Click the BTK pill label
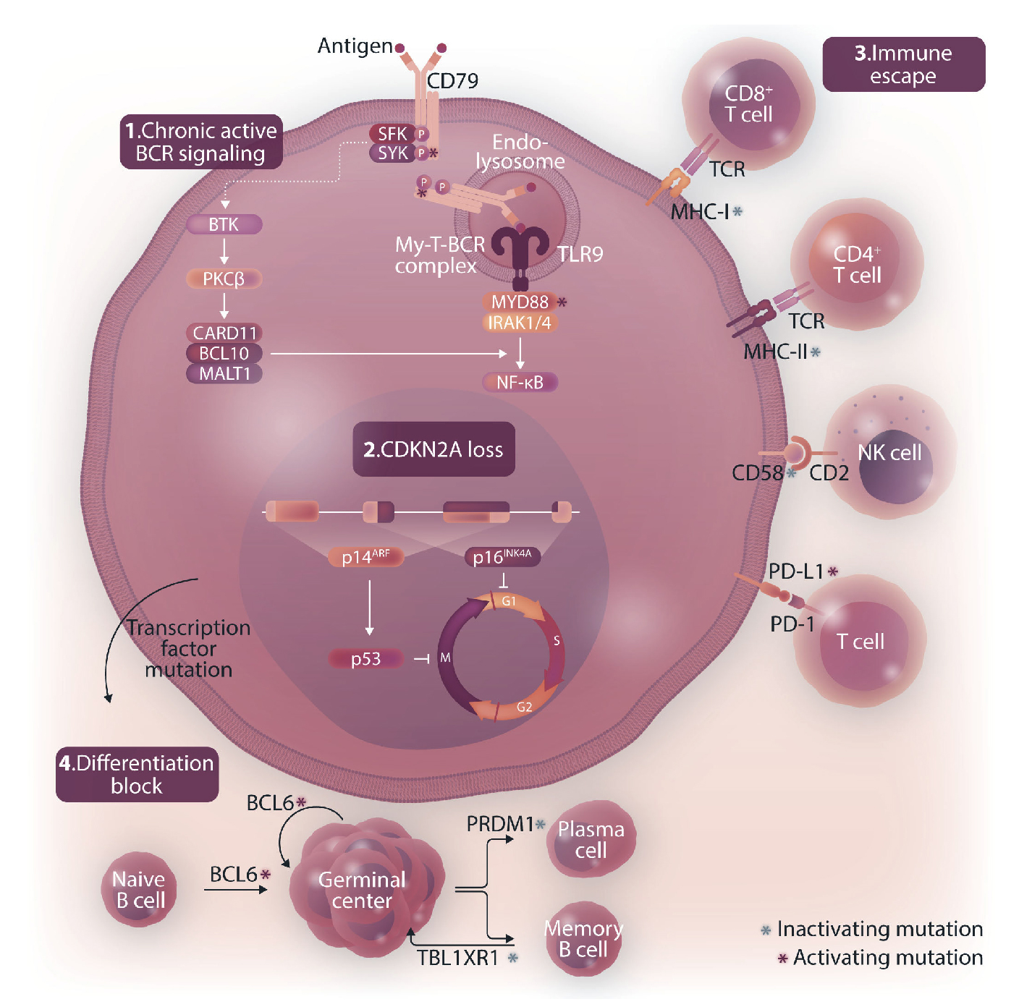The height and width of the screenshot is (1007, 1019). [x=224, y=224]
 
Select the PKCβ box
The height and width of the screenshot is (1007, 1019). [x=224, y=279]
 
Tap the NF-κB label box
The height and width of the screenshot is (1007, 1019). [x=520, y=382]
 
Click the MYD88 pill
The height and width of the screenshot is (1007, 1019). [x=520, y=302]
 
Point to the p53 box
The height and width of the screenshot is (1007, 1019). [x=365, y=659]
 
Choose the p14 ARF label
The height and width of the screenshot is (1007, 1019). [x=365, y=557]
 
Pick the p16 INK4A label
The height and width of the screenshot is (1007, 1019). [x=502, y=557]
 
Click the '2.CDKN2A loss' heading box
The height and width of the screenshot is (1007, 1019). [x=434, y=449]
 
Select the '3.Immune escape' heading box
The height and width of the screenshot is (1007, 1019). [x=903, y=64]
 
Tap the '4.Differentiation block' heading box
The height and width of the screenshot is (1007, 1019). [x=137, y=774]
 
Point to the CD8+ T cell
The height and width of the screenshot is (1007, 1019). [x=749, y=105]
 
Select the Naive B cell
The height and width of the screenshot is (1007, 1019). [x=138, y=890]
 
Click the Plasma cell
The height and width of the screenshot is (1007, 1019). [x=591, y=839]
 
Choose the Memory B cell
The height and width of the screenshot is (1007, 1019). [x=583, y=938]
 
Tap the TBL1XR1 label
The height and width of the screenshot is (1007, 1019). [x=458, y=958]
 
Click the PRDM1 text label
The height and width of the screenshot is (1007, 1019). [x=499, y=824]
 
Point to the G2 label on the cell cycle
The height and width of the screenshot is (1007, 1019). [x=525, y=708]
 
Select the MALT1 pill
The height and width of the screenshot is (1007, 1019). [x=224, y=373]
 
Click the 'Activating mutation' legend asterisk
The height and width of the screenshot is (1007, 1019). [x=782, y=959]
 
